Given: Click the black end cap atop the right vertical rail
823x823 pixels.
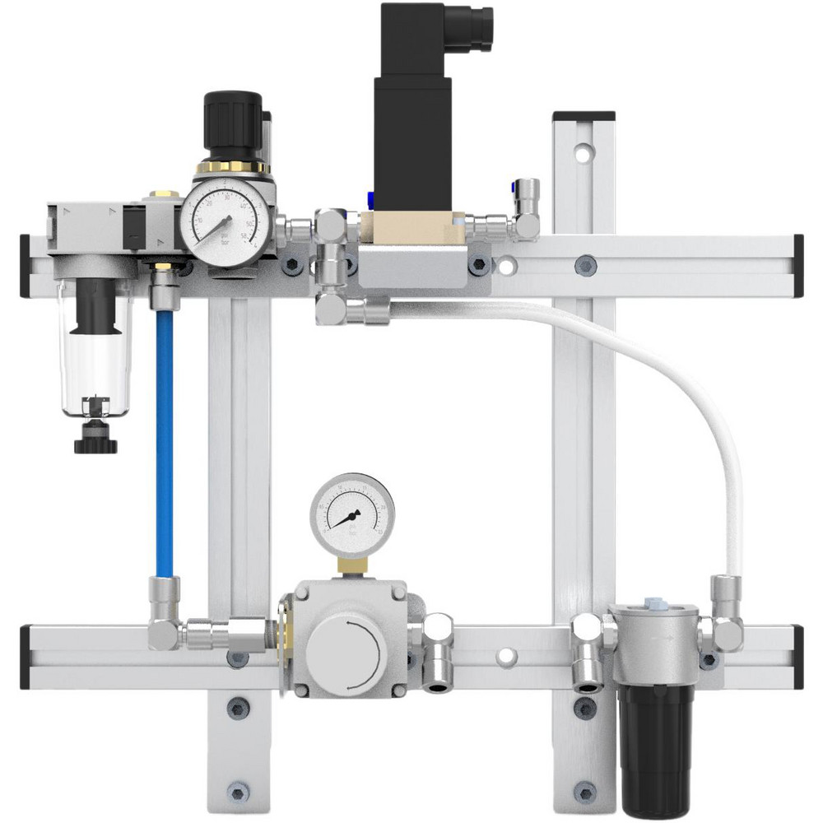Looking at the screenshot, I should pyautogui.click(x=584, y=116).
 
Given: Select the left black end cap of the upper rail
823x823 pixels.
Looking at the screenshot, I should pyautogui.click(x=25, y=265).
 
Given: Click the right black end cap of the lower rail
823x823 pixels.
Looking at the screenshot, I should pyautogui.click(x=797, y=656).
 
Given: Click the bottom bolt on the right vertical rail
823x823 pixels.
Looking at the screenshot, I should pyautogui.click(x=584, y=792).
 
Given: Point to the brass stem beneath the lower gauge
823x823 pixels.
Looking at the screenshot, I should pyautogui.click(x=352, y=566).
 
